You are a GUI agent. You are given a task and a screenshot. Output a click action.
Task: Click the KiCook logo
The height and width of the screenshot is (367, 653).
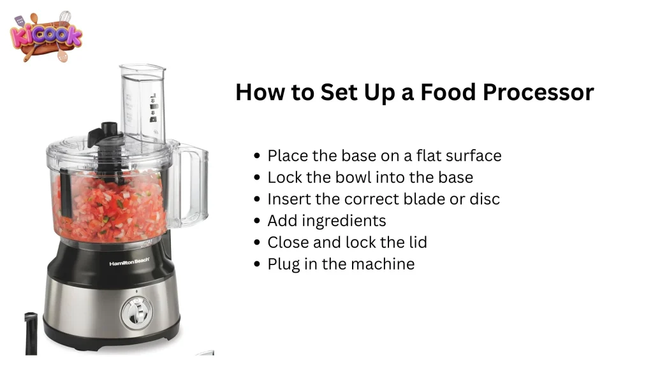coord(47,37)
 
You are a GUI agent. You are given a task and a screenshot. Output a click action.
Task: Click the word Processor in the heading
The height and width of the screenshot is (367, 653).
coord(538,92)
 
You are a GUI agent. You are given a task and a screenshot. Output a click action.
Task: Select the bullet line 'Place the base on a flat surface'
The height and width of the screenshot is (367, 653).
coord(384,155)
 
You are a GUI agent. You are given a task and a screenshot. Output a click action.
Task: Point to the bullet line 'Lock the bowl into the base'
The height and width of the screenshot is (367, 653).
coord(370,177)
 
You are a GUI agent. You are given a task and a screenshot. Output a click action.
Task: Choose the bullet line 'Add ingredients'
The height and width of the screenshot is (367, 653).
coord(326,220)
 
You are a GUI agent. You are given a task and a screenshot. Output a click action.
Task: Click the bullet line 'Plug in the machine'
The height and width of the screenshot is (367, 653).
coord(341,264)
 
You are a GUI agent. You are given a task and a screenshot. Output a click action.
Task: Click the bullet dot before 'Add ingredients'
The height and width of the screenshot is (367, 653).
coord(256,221)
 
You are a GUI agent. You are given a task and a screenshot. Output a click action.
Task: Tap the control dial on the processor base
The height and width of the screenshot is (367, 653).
coord(135,311)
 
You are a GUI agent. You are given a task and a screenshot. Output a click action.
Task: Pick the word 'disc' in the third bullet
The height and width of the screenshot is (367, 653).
coord(483,199)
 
